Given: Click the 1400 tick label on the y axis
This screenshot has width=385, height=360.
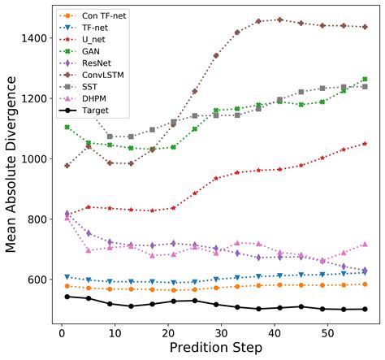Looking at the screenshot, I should [34, 38].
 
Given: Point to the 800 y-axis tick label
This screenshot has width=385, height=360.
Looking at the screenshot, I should [37, 219].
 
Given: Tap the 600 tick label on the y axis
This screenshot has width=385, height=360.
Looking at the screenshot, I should [37, 280].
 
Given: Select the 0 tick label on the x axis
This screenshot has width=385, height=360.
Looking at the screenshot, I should [61, 332].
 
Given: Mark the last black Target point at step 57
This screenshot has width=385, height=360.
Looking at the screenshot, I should [365, 309].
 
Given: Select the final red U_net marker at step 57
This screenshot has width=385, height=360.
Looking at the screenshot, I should [365, 143].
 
